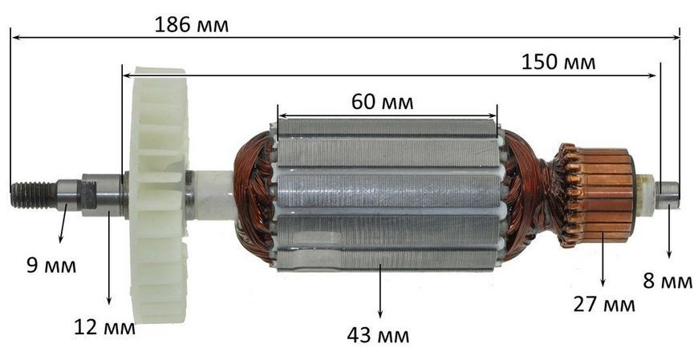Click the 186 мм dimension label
tap(192, 25)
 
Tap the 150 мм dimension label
tap(558, 63)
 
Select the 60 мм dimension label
tap(382, 102)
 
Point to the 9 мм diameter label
tap(51, 265)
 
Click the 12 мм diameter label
tap(104, 327)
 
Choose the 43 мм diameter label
tap(379, 335)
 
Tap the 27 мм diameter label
tap(604, 305)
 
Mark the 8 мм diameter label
tap(668, 281)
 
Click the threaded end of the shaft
tap(34, 195)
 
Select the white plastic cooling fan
tap(159, 195)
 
